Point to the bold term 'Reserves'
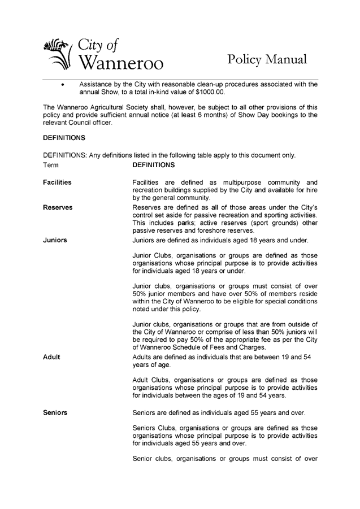[58, 208]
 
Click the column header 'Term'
[51, 165]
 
